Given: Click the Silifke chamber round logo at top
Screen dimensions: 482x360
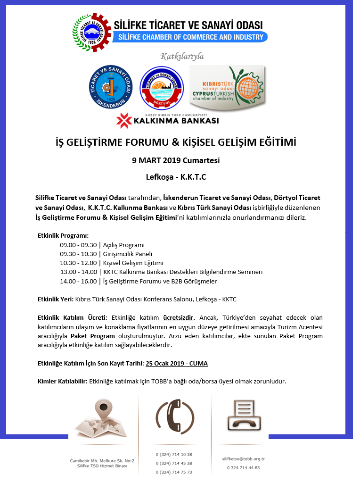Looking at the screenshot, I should click(91, 32).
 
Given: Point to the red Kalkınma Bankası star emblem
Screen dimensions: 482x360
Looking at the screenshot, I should click(125, 120).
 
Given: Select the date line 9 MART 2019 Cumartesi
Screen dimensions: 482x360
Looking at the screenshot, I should click(176, 160).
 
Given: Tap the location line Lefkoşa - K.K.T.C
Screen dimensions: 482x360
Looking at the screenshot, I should click(176, 177).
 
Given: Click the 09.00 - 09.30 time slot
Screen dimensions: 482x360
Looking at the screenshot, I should click(78, 245).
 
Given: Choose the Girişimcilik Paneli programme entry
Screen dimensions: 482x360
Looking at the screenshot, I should click(128, 254).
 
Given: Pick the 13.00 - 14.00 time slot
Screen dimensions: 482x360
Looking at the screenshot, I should click(78, 272).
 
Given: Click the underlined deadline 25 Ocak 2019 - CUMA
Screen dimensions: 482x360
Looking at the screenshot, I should click(177, 363).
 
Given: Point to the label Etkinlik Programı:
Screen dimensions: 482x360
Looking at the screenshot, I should click(63, 236).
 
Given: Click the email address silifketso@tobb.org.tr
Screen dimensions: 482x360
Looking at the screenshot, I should click(243, 459).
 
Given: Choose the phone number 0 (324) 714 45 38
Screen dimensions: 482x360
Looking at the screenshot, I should click(174, 463).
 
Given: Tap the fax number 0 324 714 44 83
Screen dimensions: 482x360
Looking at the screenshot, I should click(243, 468).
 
